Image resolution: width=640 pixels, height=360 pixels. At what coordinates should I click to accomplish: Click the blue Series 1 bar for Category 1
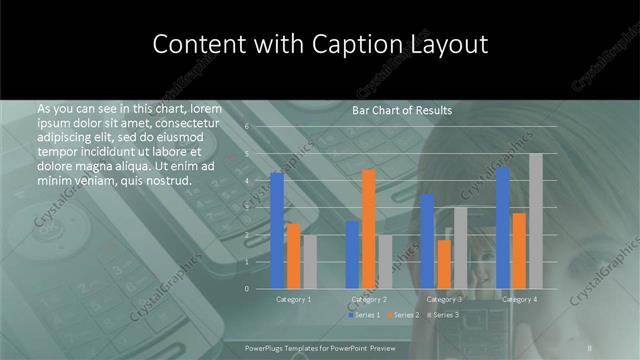point(277,230)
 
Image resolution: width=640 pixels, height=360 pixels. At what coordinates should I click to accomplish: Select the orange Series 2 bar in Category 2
point(369,228)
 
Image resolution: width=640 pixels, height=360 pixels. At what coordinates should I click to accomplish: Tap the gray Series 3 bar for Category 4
point(536,220)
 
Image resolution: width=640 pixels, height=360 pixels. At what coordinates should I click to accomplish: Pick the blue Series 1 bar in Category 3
point(427,241)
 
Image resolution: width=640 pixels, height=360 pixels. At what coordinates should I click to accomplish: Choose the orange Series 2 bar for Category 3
point(444,263)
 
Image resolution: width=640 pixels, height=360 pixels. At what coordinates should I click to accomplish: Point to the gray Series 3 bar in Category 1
point(310,261)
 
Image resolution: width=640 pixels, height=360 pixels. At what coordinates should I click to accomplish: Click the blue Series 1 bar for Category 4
point(502,227)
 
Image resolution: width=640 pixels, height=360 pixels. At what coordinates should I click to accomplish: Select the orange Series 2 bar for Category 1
point(293,255)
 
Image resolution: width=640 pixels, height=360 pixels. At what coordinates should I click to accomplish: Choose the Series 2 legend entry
point(401,315)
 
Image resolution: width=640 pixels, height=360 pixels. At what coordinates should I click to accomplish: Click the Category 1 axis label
point(293,299)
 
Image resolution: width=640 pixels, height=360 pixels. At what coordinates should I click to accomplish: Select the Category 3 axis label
point(444,299)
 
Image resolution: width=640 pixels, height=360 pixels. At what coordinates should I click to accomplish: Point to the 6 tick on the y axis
point(247,127)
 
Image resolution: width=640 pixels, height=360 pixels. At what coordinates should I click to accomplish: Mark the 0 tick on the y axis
point(247,288)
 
